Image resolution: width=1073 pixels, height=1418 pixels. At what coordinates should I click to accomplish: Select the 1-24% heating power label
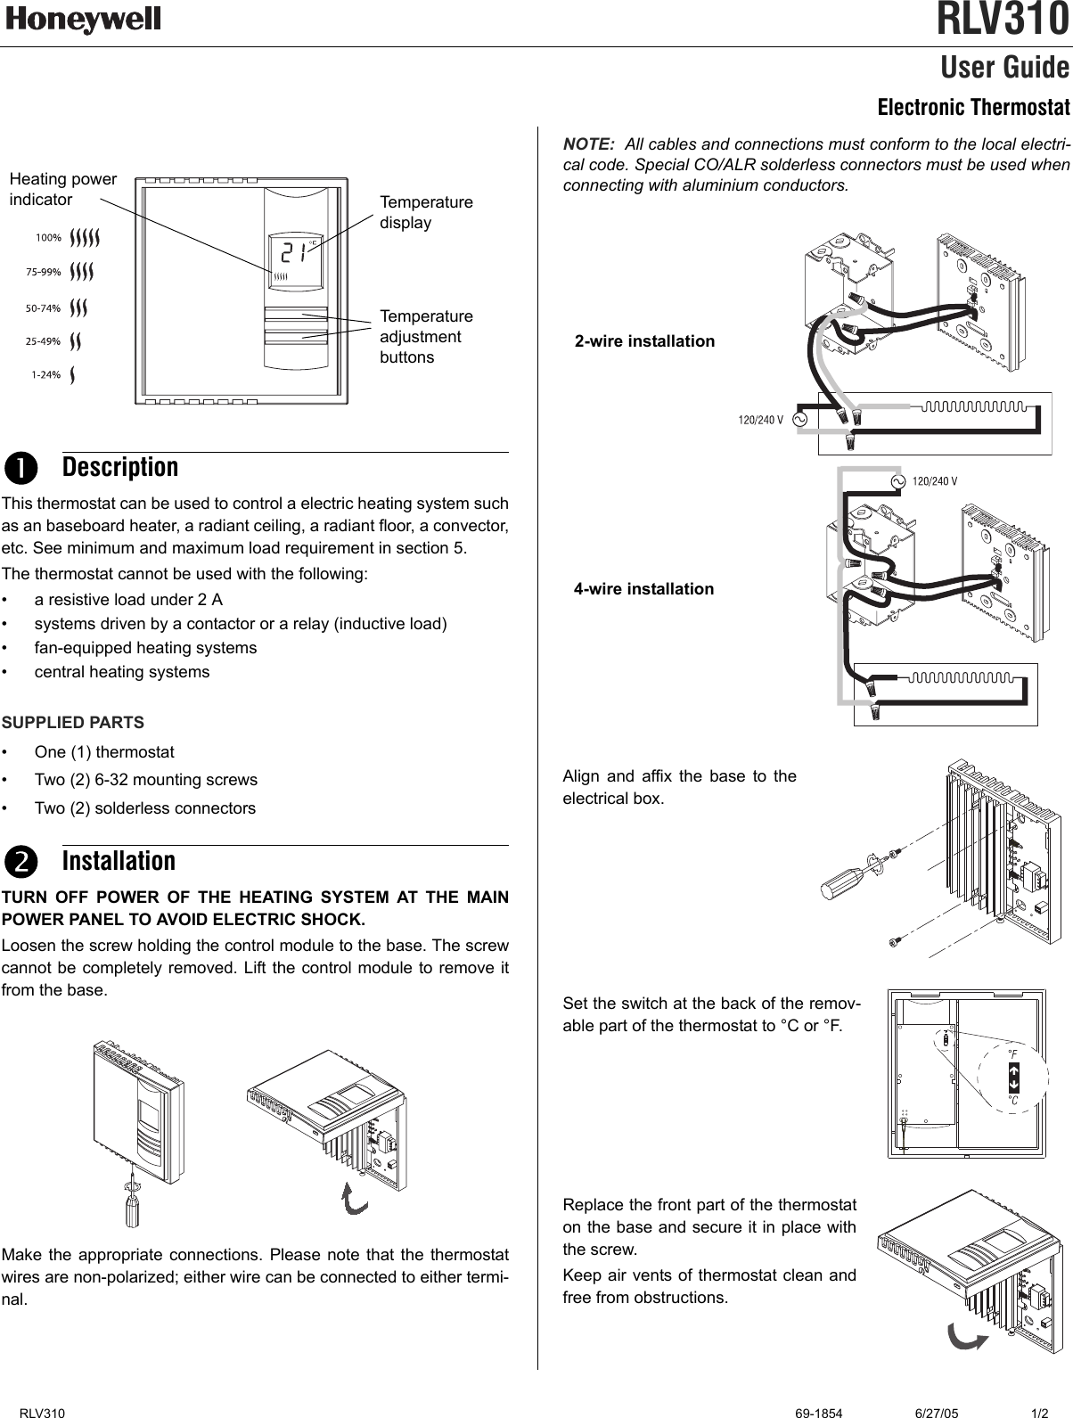(x=45, y=374)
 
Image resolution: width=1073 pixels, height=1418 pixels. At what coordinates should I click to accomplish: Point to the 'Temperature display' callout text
(x=426, y=212)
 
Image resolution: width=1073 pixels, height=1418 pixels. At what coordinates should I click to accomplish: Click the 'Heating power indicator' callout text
(x=62, y=189)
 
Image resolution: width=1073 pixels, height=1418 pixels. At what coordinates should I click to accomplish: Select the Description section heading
(x=120, y=467)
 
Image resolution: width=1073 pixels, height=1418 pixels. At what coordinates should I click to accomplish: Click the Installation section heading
(x=119, y=861)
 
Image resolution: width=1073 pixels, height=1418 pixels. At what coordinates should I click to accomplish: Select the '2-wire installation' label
(x=644, y=341)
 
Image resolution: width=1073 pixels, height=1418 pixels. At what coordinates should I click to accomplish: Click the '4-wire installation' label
(x=643, y=589)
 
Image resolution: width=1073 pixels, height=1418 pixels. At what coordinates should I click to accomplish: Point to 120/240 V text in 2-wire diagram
(x=760, y=419)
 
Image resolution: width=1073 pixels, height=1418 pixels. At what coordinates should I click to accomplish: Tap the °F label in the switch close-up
(x=1012, y=1053)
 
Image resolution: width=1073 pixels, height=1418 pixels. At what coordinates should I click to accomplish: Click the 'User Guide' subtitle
(x=1004, y=68)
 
